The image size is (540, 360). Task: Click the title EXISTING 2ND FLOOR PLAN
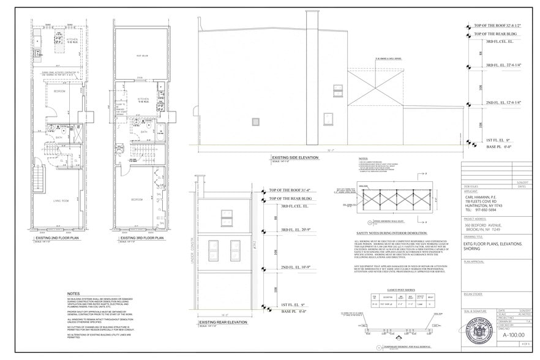(x=54, y=237)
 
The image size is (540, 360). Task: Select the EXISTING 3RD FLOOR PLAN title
(x=138, y=237)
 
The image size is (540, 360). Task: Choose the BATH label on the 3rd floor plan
(x=144, y=131)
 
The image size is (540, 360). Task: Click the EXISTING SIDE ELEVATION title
(x=296, y=157)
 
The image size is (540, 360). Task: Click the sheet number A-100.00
(x=514, y=336)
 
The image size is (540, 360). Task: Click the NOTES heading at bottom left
(x=73, y=294)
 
